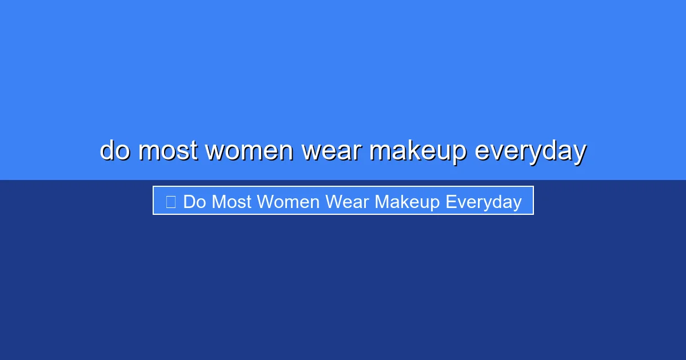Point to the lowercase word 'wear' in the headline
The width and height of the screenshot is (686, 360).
click(x=332, y=151)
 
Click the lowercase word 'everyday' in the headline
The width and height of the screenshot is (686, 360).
click(x=531, y=151)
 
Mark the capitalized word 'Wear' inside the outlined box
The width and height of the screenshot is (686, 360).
click(x=347, y=202)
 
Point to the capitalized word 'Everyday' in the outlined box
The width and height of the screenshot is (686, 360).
click(x=484, y=202)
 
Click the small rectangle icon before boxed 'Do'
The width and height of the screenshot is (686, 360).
click(x=170, y=202)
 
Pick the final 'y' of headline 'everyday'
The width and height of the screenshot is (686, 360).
click(x=579, y=153)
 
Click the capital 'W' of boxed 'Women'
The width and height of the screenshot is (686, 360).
click(x=265, y=202)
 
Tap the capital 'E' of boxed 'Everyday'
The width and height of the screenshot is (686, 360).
click(x=450, y=202)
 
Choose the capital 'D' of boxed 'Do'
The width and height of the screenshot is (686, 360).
click(x=189, y=202)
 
